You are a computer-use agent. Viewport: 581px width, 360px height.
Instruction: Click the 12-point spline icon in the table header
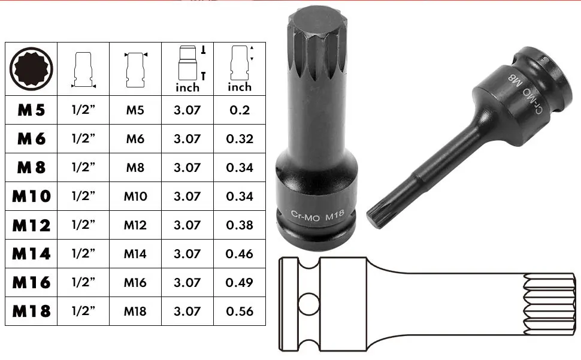tap(31, 68)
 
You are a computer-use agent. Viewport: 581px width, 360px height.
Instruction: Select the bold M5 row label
tap(31, 110)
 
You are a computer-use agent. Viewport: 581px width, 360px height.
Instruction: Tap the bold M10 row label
tap(31, 196)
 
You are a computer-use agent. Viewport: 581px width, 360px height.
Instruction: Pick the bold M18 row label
tap(31, 311)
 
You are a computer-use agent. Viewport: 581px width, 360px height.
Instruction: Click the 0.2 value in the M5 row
tap(240, 110)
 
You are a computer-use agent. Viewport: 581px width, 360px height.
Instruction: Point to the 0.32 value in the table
tap(240, 139)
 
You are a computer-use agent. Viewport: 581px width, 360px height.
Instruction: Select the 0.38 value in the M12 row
tap(240, 225)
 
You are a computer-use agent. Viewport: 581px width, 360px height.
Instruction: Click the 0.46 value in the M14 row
tap(240, 254)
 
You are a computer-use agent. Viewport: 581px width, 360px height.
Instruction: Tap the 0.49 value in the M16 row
tap(240, 283)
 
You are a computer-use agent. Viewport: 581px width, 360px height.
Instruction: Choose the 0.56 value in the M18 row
tap(240, 311)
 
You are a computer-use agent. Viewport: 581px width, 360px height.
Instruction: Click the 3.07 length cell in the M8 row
tap(187, 168)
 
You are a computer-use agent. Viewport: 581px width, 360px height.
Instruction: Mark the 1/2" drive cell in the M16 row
tap(83, 283)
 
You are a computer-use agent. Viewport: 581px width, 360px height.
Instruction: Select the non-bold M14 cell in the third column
tap(135, 254)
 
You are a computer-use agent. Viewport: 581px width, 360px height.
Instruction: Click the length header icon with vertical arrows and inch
tap(187, 68)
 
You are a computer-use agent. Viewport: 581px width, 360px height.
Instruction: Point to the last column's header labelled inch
tap(240, 87)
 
